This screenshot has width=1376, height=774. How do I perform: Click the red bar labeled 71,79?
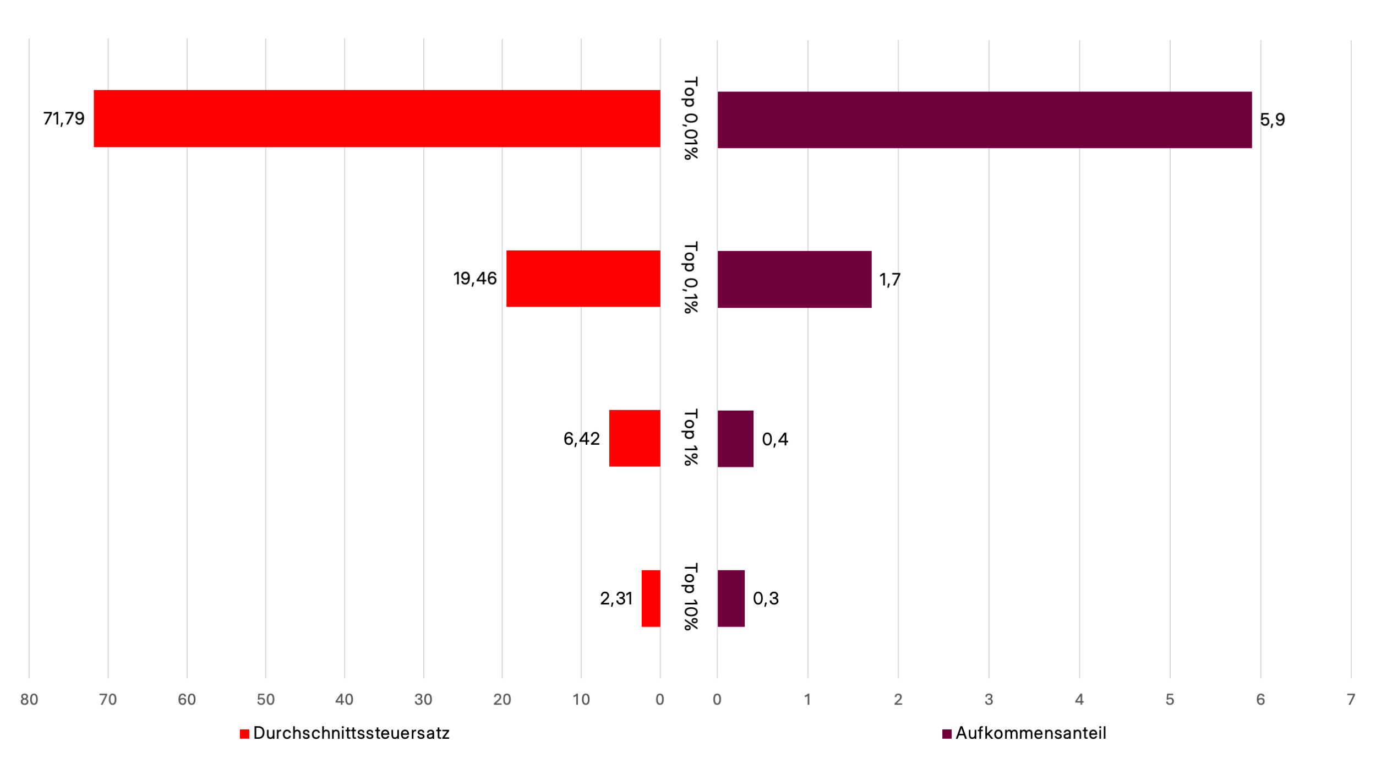[377, 118]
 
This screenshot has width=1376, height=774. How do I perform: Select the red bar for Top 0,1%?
[583, 279]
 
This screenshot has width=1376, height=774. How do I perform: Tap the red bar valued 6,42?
[634, 438]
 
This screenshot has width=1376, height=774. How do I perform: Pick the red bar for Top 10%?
[651, 598]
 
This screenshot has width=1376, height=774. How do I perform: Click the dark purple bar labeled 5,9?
[984, 120]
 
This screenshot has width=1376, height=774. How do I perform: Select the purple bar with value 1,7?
[794, 280]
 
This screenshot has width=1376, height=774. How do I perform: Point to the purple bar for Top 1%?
[735, 439]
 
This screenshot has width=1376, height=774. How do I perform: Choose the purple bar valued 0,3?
[731, 598]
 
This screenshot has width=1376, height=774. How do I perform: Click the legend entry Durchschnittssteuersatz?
[351, 733]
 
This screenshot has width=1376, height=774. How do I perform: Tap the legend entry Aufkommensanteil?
[1030, 733]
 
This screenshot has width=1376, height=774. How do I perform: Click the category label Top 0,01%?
[690, 118]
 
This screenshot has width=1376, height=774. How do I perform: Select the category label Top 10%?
[690, 597]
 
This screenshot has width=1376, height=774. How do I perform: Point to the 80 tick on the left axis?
[29, 700]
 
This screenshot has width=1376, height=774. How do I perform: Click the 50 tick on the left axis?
[266, 700]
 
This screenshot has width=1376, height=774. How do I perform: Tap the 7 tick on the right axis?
[1351, 700]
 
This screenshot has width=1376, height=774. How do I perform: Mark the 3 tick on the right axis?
[989, 700]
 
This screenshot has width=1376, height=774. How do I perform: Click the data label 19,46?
[474, 279]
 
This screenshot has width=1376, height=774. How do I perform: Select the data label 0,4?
[775, 439]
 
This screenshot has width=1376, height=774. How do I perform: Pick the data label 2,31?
[616, 598]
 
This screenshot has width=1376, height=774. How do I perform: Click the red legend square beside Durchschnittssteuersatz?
[245, 734]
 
